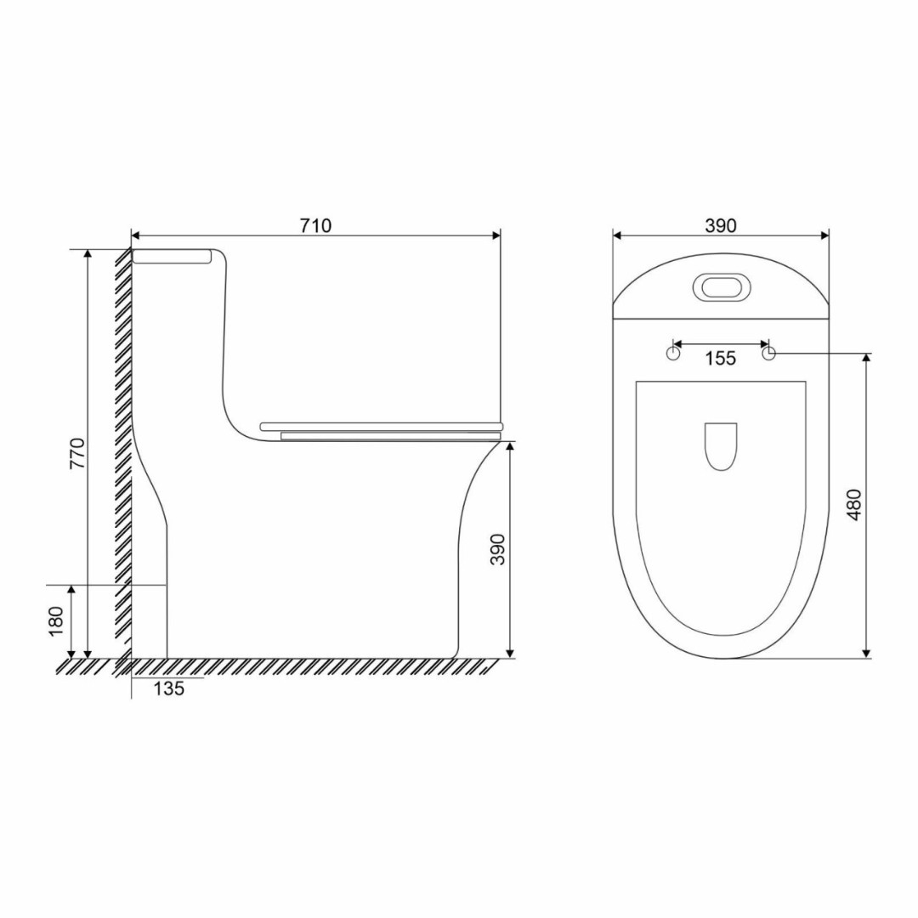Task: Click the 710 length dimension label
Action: [x=315, y=225]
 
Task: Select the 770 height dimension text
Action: [x=77, y=453]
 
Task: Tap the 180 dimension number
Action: [x=55, y=621]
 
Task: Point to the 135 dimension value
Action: [x=169, y=688]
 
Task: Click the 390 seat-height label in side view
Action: [x=497, y=549]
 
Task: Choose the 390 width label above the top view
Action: [x=720, y=225]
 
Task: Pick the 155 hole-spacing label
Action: [x=720, y=358]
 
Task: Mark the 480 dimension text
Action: [x=854, y=505]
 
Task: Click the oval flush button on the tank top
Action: [x=721, y=287]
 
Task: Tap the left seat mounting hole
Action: [x=673, y=354]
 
